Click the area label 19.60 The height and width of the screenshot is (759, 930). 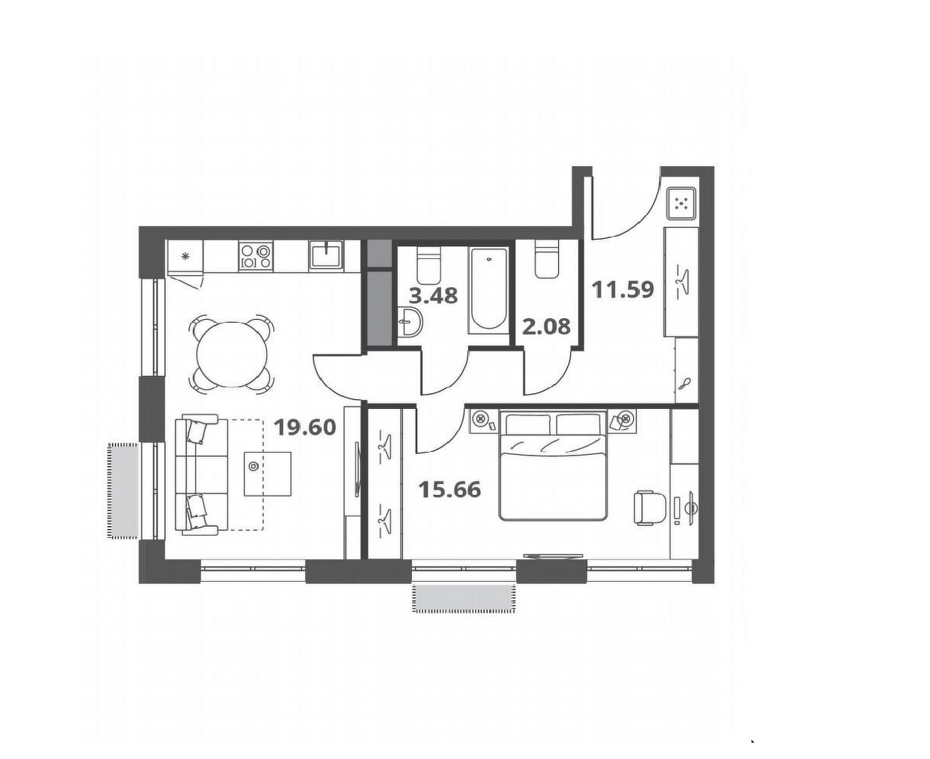[x=305, y=427]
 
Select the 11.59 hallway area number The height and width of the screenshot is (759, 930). [x=622, y=289]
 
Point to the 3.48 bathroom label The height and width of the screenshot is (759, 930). [x=433, y=295]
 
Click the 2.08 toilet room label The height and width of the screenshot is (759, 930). [x=546, y=326]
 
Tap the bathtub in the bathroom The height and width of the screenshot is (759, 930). [x=489, y=289]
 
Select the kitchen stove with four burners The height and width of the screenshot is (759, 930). [x=255, y=256]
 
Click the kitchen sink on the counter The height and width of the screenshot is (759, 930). [x=325, y=255]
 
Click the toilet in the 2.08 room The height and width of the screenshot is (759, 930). [x=547, y=260]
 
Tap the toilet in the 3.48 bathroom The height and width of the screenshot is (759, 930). [x=428, y=265]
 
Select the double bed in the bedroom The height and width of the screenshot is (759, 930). [x=553, y=465]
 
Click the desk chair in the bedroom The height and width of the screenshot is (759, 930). [x=650, y=508]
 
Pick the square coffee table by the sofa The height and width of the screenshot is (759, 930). [x=268, y=473]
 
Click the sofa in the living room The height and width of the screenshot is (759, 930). [x=201, y=474]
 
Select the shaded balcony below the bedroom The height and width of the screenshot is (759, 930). [x=465, y=598]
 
